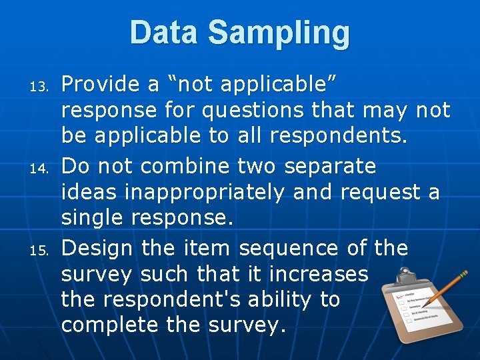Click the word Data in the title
(x=164, y=33)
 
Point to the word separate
(x=330, y=165)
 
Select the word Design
(x=97, y=249)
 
